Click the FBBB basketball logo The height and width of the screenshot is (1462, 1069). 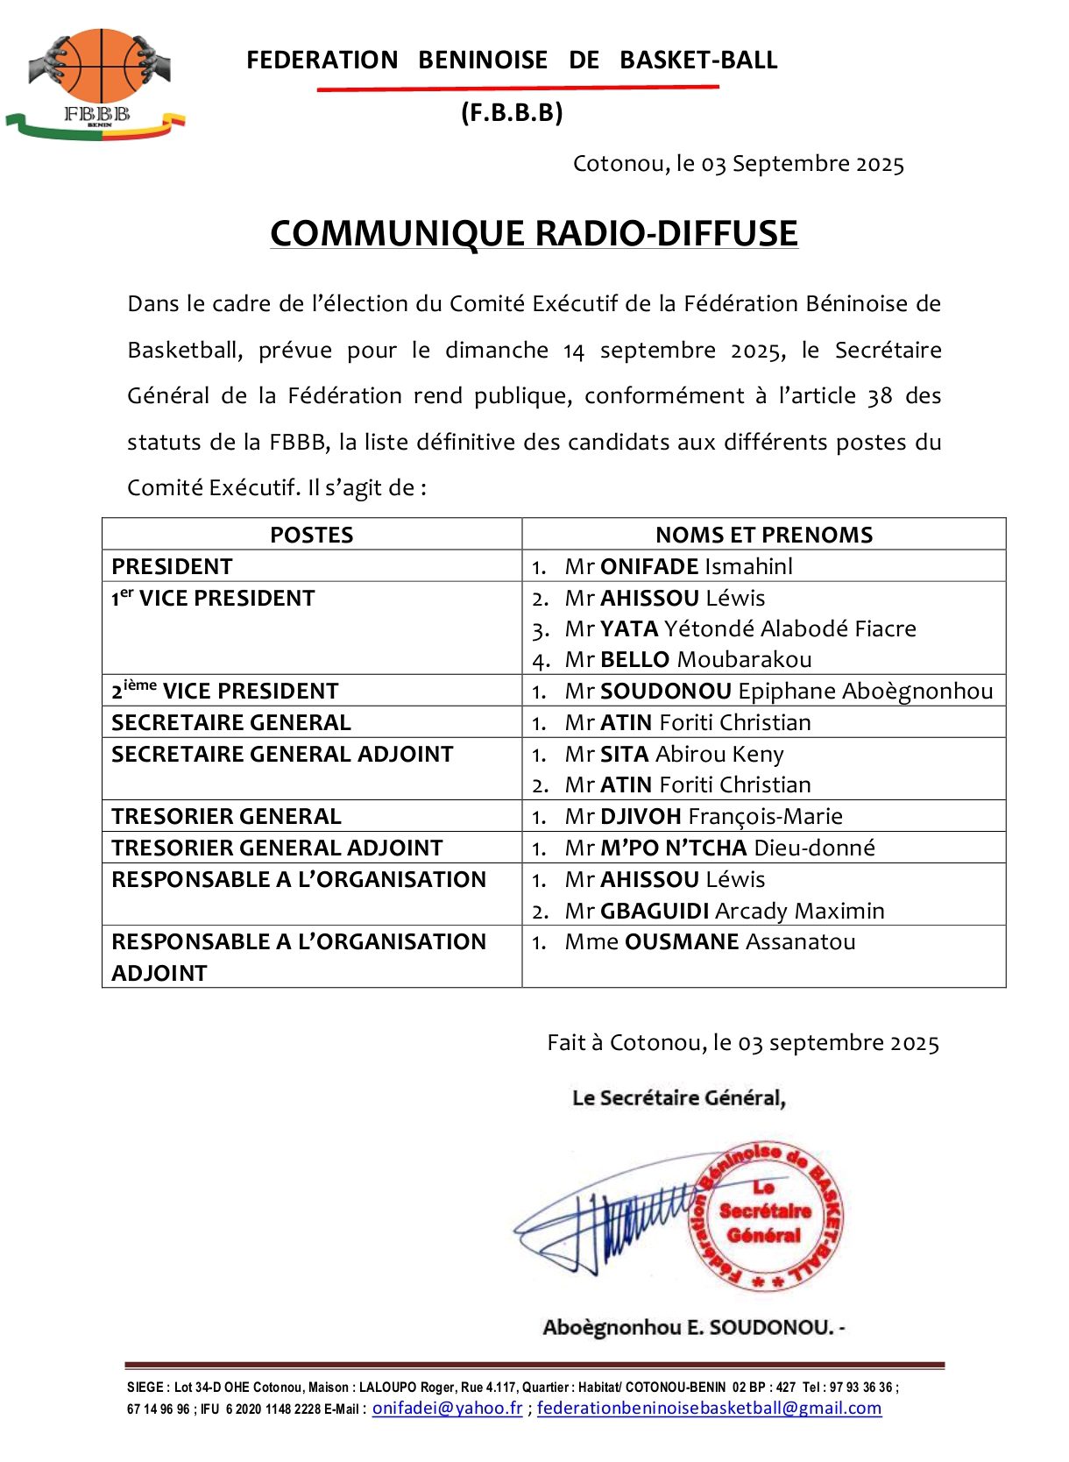point(96,83)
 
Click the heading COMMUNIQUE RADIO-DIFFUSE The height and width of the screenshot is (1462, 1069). point(534,233)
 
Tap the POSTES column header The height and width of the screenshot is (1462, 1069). point(311,535)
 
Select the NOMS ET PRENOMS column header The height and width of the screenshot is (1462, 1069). point(764,535)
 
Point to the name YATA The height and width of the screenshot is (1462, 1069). point(629,628)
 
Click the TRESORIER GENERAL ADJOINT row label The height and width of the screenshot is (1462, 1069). point(277,848)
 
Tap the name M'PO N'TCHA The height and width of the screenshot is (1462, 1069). point(673,848)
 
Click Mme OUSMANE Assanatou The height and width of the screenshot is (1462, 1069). point(710,941)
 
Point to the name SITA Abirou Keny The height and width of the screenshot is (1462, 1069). point(675,754)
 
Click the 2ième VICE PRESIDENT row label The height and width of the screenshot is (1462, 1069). point(224,691)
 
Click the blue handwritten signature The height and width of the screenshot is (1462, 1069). point(605,1223)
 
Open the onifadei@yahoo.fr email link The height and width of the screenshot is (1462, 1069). point(447,1408)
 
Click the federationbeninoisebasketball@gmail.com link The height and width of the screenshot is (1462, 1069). point(709,1408)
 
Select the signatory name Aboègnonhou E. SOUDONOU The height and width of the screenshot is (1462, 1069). point(692,1327)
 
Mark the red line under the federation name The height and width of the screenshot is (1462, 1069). point(517,88)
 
